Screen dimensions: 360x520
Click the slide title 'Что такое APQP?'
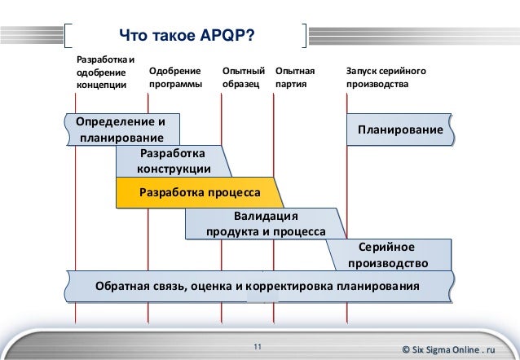click(185, 36)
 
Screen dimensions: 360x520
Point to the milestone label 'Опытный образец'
click(244, 78)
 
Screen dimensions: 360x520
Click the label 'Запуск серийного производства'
click(386, 78)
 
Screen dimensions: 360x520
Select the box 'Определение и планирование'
click(121, 130)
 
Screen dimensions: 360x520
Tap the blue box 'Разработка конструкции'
click(173, 160)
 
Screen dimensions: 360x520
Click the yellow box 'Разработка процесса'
click(200, 193)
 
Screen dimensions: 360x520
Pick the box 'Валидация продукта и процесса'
click(265, 224)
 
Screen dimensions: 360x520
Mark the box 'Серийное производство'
click(388, 255)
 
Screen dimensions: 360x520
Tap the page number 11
click(258, 349)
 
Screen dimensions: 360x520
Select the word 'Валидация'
click(266, 216)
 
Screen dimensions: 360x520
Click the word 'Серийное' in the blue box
click(387, 247)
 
